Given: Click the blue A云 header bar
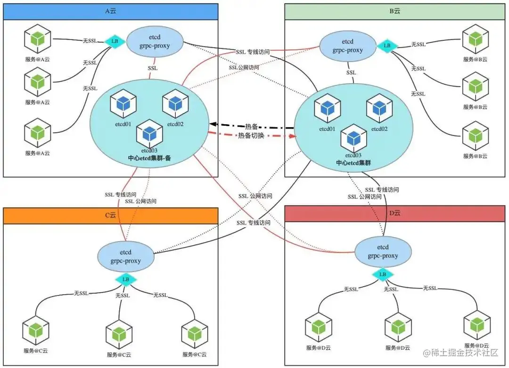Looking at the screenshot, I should [x=110, y=12].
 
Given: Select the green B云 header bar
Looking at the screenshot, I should [x=395, y=12].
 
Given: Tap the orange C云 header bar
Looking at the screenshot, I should [x=110, y=215].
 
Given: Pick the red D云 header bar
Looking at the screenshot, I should [x=395, y=213].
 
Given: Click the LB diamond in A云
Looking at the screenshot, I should [x=115, y=41].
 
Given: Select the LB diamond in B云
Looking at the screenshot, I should [x=387, y=46].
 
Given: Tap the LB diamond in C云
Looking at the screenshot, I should [x=126, y=280].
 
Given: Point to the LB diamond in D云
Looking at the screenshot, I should [x=383, y=274].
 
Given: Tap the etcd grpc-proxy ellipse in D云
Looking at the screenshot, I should [x=383, y=251].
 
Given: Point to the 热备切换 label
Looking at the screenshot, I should [x=252, y=136].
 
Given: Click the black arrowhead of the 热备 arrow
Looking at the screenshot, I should [x=213, y=125].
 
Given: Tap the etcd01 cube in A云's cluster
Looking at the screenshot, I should [x=123, y=105].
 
